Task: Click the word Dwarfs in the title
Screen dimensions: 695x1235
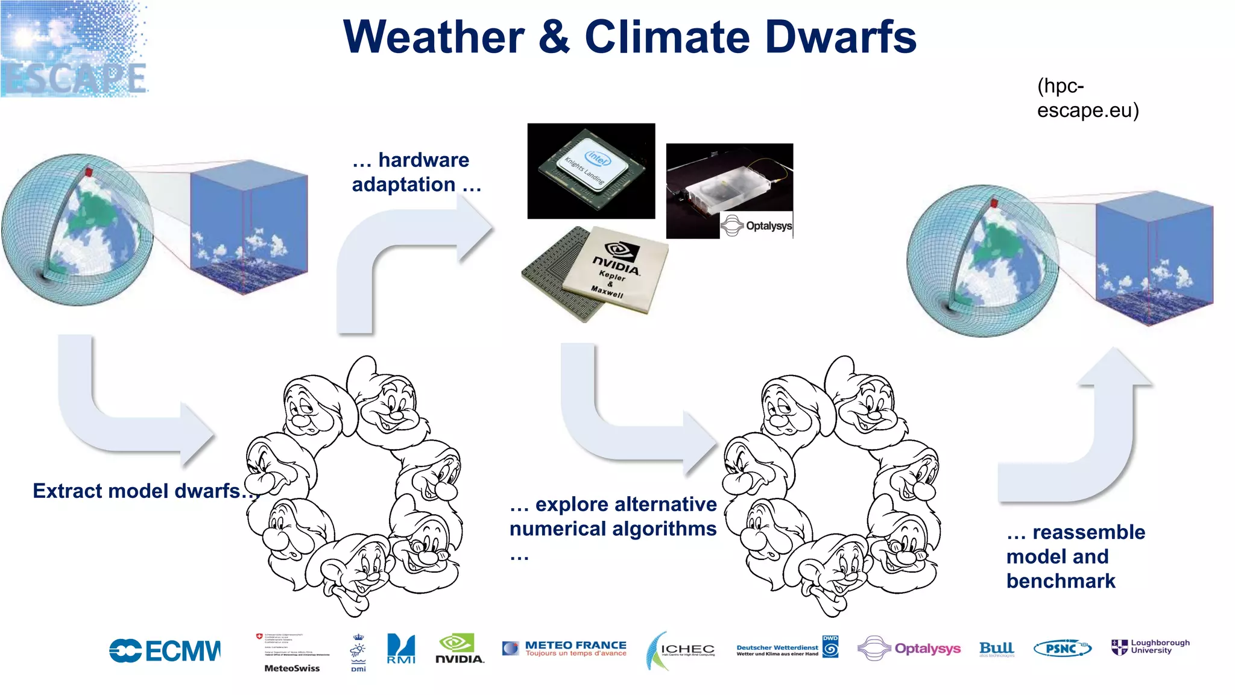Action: pos(841,37)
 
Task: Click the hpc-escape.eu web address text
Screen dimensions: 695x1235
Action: pos(1087,98)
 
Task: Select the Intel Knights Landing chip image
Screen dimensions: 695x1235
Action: pos(591,171)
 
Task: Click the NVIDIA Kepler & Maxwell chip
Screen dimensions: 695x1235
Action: pos(597,274)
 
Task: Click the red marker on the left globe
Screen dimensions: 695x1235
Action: pos(89,172)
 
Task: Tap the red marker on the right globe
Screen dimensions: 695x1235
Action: pos(994,203)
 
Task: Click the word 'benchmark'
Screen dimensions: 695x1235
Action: pos(1061,581)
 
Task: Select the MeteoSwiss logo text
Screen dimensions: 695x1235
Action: pos(292,668)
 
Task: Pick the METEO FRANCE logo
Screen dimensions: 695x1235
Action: pos(564,649)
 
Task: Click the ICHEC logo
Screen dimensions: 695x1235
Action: pos(681,650)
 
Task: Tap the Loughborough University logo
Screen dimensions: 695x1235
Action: pos(1151,647)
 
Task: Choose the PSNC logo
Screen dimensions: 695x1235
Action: pos(1062,649)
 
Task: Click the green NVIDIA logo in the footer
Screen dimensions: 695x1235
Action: pos(459,649)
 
